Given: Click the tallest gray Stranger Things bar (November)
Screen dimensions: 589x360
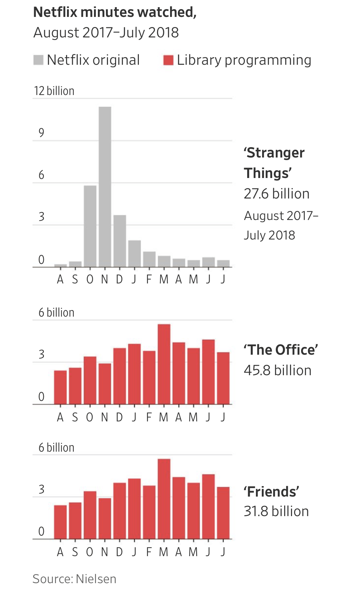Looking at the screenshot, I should pyautogui.click(x=105, y=187).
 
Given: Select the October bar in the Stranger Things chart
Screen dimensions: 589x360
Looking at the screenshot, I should pyautogui.click(x=90, y=226).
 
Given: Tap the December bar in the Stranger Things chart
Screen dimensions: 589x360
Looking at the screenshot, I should pyautogui.click(x=120, y=241).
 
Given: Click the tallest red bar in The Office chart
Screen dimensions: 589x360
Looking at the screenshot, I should pyautogui.click(x=164, y=364).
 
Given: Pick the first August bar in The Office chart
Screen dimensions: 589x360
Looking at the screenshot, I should pyautogui.click(x=60, y=387).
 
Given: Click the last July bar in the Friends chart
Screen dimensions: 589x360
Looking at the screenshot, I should pyautogui.click(x=223, y=513).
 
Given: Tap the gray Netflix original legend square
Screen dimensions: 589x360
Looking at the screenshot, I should pyautogui.click(x=38, y=60).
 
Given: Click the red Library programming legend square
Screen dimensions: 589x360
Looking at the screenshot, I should pyautogui.click(x=168, y=60).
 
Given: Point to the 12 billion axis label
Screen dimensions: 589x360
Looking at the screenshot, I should pyautogui.click(x=54, y=91).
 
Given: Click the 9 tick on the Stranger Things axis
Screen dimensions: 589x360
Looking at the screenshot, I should pyautogui.click(x=41, y=133).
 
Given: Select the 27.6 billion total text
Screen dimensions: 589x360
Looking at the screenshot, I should pyautogui.click(x=276, y=194).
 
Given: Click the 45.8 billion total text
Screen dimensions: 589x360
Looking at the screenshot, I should pyautogui.click(x=277, y=370).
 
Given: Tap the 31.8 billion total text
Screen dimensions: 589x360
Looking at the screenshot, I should pyautogui.click(x=276, y=511).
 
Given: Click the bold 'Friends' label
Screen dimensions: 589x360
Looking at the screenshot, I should pyautogui.click(x=271, y=491).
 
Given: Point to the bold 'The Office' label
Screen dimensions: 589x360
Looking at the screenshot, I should pyautogui.click(x=281, y=350).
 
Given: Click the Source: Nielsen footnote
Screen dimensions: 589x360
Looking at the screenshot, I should pyautogui.click(x=74, y=579).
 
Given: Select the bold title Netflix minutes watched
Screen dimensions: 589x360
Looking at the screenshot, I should pyautogui.click(x=115, y=12).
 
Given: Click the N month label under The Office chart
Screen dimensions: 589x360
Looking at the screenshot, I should pyautogui.click(x=104, y=417).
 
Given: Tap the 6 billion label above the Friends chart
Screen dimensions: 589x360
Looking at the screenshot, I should pyautogui.click(x=56, y=447).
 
